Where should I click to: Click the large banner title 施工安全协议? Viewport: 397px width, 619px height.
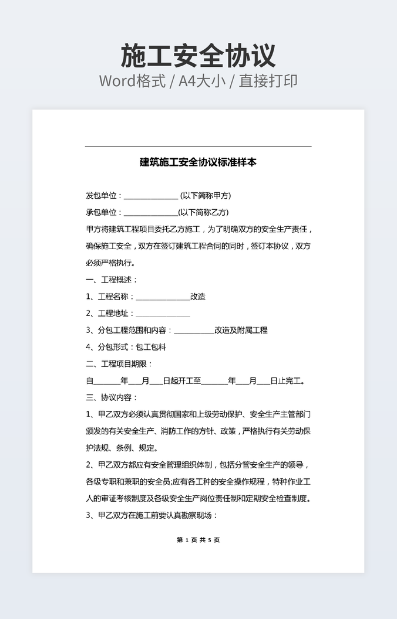(x=198, y=56)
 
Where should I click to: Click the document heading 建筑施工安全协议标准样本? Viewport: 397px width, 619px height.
(x=198, y=162)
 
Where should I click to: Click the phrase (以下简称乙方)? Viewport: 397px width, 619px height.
(x=203, y=212)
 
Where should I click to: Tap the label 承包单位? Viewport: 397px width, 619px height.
(x=102, y=212)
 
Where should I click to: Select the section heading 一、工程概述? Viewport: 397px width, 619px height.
(x=112, y=280)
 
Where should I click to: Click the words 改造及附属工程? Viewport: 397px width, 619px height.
(x=241, y=330)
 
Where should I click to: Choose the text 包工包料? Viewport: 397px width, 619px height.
(x=151, y=347)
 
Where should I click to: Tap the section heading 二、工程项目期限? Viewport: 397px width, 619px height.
(x=119, y=364)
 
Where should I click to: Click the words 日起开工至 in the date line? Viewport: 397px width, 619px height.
(x=182, y=381)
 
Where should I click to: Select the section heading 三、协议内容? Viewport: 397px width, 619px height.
(x=112, y=397)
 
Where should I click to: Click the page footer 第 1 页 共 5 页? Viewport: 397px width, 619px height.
(x=198, y=540)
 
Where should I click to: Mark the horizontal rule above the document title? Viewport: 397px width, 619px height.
(x=198, y=146)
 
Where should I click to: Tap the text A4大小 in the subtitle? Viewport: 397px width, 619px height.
(x=203, y=81)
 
